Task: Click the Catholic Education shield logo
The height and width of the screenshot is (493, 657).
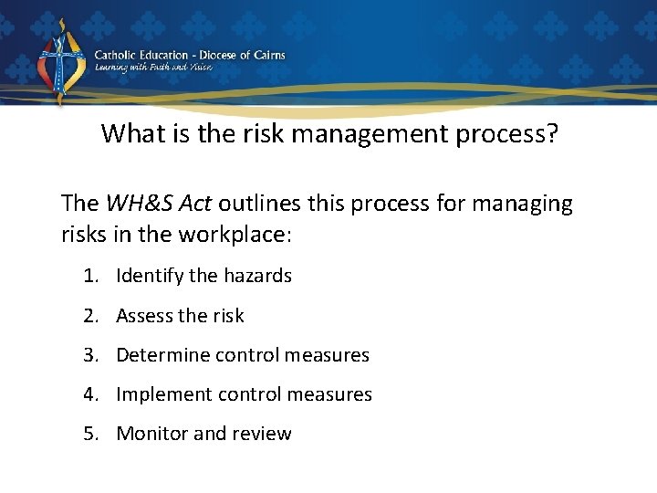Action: [61, 62]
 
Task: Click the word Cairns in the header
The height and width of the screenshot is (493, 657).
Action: [265, 55]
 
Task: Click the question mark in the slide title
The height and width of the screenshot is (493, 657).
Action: [551, 134]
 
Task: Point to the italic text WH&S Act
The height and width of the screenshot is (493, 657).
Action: [159, 204]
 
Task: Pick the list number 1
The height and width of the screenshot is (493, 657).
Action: [89, 276]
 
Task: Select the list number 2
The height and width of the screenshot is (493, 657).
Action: [89, 316]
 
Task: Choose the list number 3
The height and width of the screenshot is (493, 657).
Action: [89, 355]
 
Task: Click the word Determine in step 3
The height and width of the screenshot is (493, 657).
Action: [162, 355]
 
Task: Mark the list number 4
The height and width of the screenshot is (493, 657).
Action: [89, 394]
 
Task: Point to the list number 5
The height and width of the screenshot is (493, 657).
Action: [89, 434]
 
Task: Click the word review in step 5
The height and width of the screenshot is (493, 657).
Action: [263, 434]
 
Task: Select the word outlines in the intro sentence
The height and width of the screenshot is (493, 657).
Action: [259, 204]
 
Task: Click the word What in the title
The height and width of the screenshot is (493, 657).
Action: [129, 134]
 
